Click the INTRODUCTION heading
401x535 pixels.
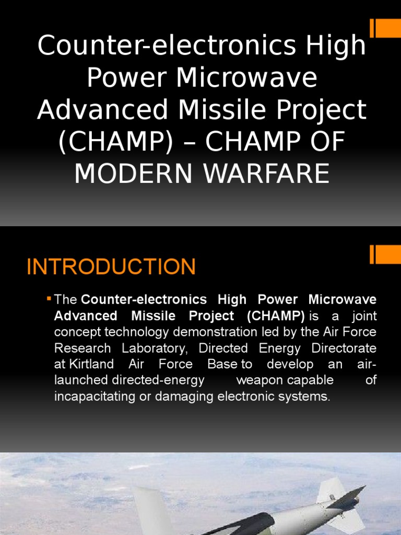click(x=111, y=267)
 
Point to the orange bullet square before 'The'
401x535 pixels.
click(x=49, y=299)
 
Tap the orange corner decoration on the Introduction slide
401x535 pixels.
click(x=385, y=254)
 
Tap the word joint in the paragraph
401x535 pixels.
click(x=364, y=316)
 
